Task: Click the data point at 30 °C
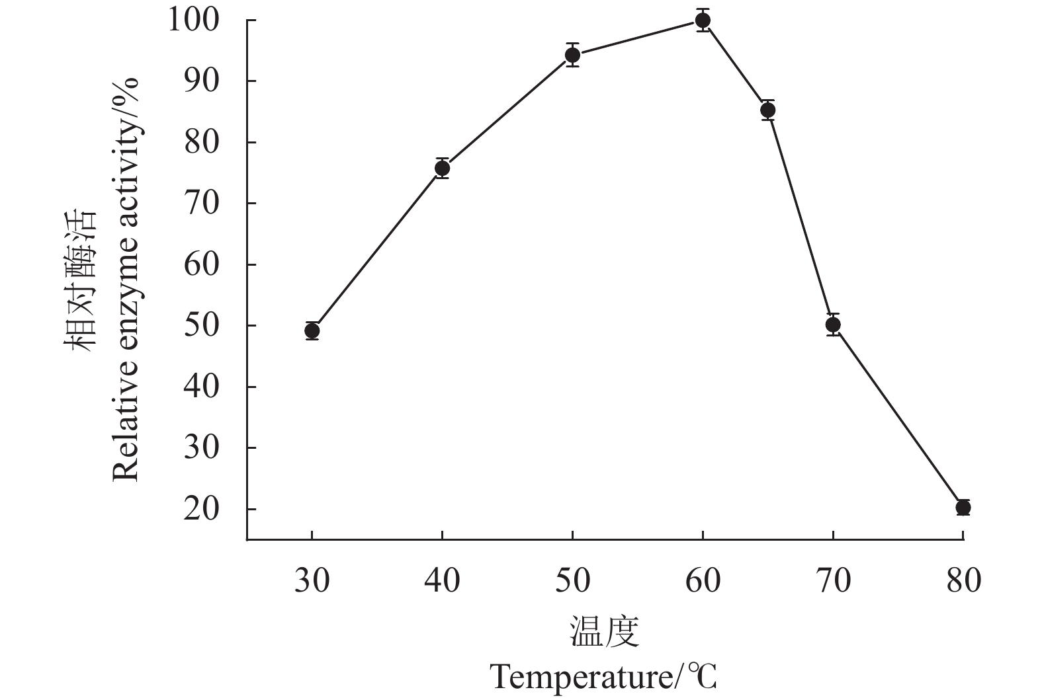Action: pos(312,331)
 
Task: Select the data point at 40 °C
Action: pos(443,169)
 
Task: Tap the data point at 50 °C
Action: pos(573,55)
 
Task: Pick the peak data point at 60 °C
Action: pos(703,20)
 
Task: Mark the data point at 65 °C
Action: pos(767,110)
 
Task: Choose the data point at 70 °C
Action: pos(833,325)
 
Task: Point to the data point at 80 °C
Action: pos(963,508)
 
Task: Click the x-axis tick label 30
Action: pos(312,581)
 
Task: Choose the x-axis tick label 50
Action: pos(573,581)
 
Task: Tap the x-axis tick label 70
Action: pos(833,581)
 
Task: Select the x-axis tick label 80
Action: pos(963,581)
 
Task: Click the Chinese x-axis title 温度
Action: pos(605,632)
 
